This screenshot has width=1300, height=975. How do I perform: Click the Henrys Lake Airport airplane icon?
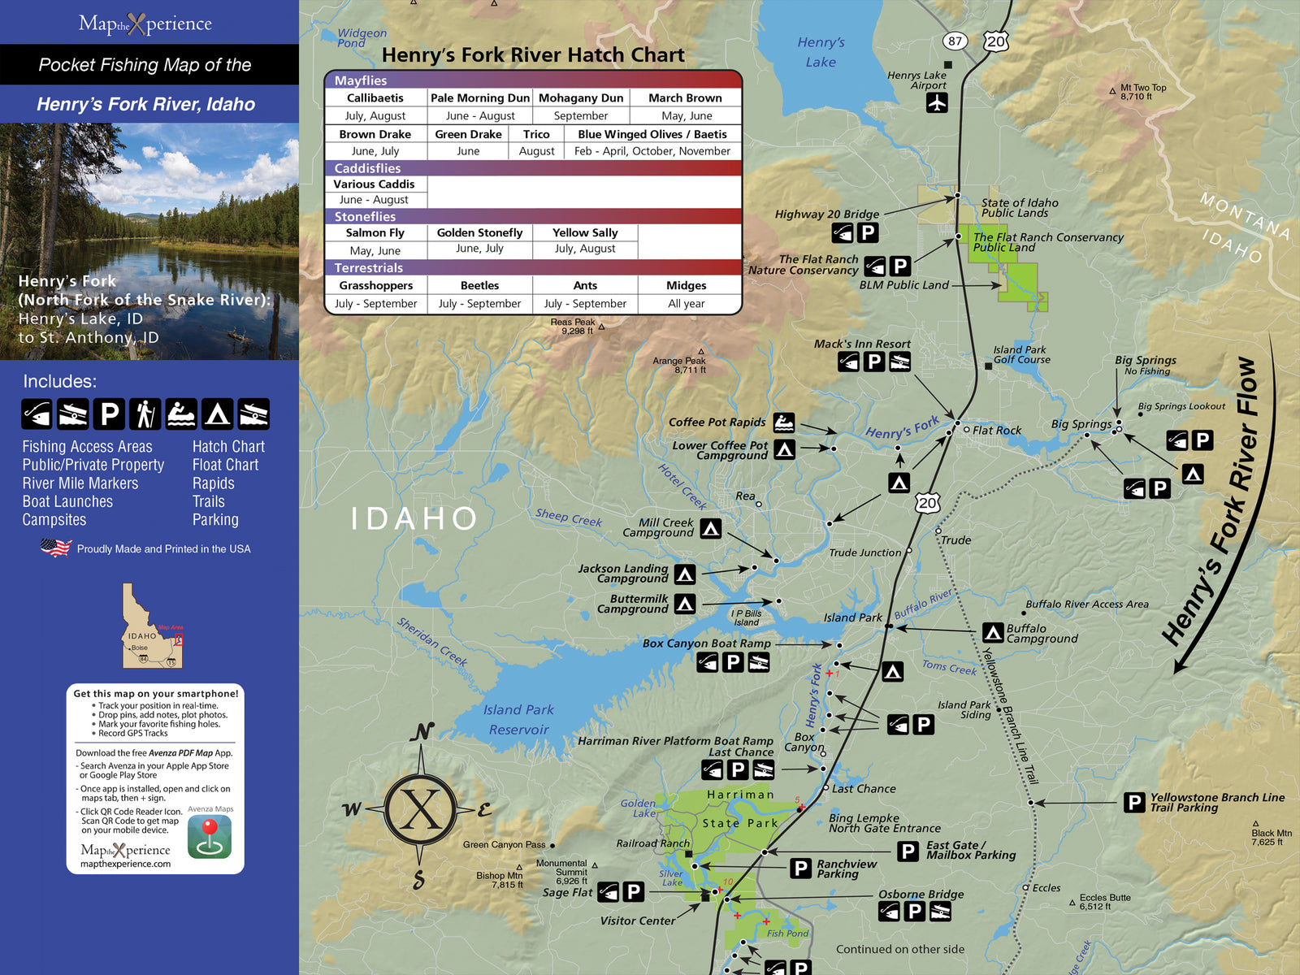(x=937, y=103)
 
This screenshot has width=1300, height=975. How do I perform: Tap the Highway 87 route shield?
(x=955, y=41)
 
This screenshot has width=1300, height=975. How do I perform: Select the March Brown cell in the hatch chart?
(x=685, y=97)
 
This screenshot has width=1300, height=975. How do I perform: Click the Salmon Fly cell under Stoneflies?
(x=375, y=232)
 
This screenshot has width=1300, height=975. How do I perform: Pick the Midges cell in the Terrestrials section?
(x=686, y=285)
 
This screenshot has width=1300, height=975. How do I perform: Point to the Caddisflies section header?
(x=368, y=168)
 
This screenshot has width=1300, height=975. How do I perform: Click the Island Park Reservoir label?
(x=518, y=719)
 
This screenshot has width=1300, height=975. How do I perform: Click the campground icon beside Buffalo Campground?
(x=992, y=632)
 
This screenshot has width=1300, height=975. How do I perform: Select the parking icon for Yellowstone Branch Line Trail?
(x=1133, y=803)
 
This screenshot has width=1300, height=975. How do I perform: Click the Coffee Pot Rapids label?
(x=717, y=422)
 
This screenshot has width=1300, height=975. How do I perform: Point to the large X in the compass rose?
(x=420, y=809)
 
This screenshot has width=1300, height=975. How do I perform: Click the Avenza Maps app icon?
(x=210, y=837)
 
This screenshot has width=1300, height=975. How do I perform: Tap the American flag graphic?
(x=55, y=548)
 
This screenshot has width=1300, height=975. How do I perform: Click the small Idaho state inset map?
(x=151, y=626)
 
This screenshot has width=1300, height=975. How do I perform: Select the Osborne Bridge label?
(x=921, y=894)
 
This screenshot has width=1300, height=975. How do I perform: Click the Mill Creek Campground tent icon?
(x=711, y=529)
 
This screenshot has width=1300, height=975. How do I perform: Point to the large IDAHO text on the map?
(x=414, y=518)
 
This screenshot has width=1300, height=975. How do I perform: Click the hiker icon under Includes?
(x=145, y=414)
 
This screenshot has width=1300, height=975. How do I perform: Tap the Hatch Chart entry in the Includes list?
(x=228, y=446)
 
